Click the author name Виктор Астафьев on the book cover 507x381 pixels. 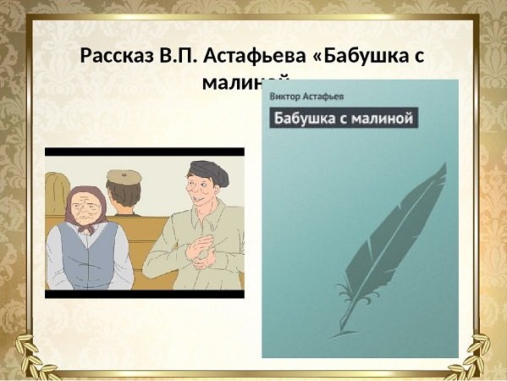[297, 97]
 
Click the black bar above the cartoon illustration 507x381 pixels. [144, 152]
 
